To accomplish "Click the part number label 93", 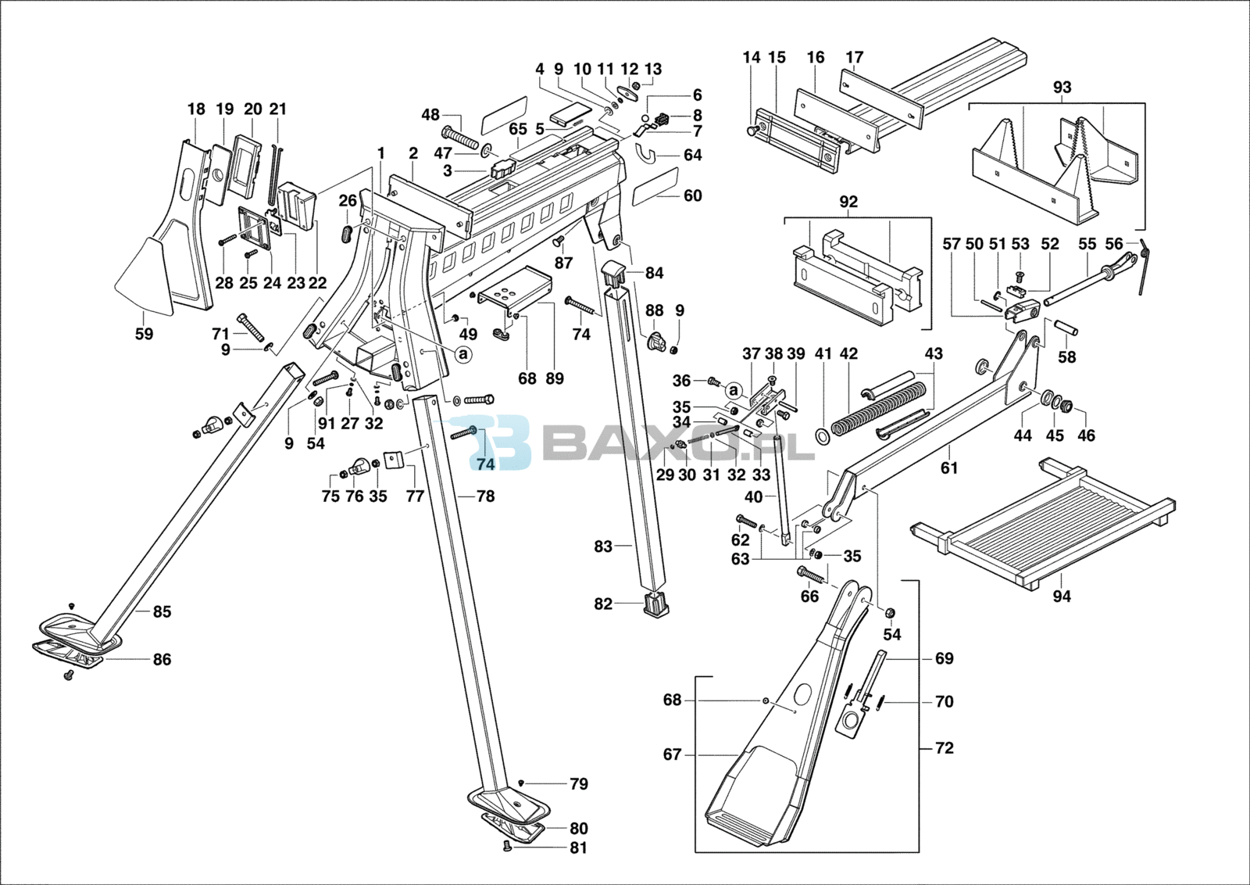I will pos(1062,88).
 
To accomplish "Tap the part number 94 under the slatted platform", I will pos(1062,597).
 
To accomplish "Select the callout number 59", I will pos(144,334).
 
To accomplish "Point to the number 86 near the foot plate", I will pos(162,660).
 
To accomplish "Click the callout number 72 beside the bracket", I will pos(945,748).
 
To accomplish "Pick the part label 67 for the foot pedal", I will pos(673,754).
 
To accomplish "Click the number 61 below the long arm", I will pos(949,468).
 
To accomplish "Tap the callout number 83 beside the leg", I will pos(603,546).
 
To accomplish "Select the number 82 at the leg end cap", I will pos(603,604).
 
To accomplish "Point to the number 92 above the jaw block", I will pos(848,202).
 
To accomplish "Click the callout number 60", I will pos(693,195).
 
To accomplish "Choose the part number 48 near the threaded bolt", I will pos(430,115).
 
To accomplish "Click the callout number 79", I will pos(579,784).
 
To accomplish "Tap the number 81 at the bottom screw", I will pos(579,847).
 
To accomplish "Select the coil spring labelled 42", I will pos(875,407).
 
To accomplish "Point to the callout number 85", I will pos(162,611).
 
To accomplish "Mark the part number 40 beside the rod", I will pos(754,496).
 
